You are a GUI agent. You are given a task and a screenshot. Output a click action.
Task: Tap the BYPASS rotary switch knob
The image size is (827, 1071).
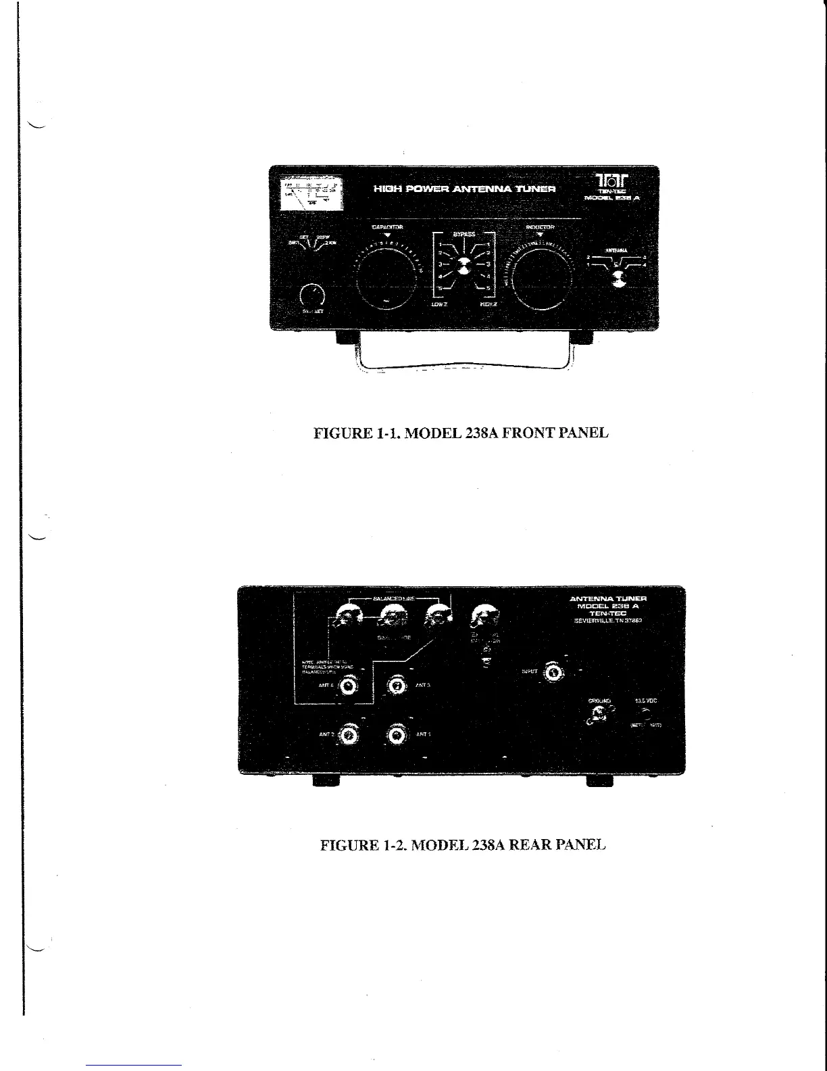[463, 266]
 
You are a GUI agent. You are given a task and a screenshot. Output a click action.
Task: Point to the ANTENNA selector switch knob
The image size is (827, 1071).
[618, 277]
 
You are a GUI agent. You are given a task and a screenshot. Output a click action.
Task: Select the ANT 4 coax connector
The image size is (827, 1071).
[349, 686]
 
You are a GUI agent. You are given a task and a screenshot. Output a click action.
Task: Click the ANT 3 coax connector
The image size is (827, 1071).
[396, 686]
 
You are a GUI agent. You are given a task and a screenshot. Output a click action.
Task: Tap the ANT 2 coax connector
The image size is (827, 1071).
[349, 735]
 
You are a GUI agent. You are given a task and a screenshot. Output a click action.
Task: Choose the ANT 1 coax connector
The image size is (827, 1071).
[396, 735]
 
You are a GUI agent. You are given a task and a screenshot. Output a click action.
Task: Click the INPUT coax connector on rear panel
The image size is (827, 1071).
[554, 672]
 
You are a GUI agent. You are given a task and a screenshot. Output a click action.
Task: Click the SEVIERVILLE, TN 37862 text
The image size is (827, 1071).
[608, 621]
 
